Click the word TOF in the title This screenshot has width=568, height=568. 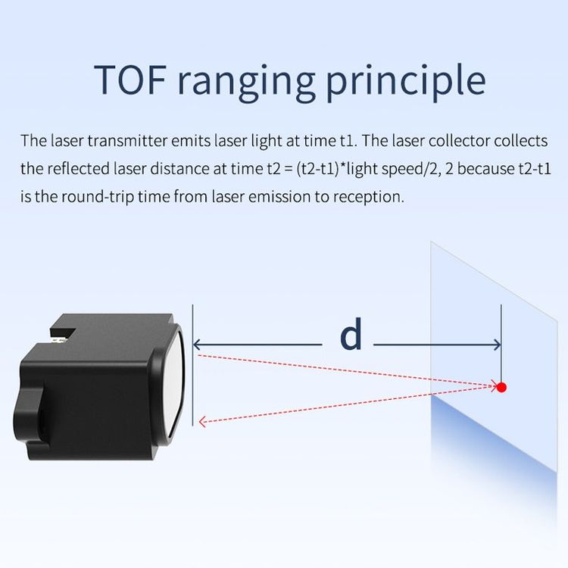pos(130,80)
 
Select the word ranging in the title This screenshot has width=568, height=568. pos(246,83)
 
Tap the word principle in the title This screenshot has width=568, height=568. pos(406,83)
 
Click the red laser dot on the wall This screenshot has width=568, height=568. pos(501,387)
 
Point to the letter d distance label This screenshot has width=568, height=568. pos(351,334)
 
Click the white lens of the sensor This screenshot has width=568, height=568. pos(176,380)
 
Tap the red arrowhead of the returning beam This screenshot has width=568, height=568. pos(202,421)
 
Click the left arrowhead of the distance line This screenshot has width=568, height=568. pos(197,345)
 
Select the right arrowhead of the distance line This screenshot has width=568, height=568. pos(497,345)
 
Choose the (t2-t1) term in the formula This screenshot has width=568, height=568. pos(318,169)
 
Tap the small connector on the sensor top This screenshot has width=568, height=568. pos(58,340)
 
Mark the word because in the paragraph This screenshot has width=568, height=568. pos(485,169)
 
